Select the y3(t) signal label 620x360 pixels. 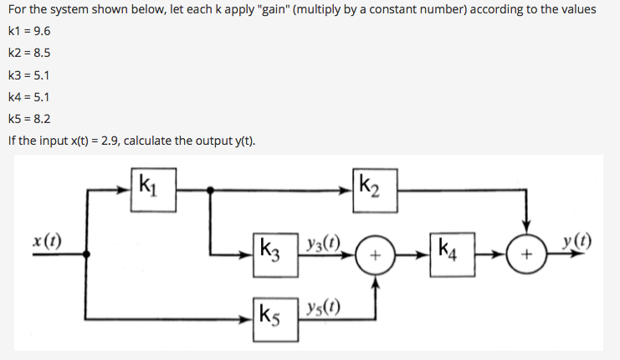coord(322,239)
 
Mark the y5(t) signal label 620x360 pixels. coord(322,306)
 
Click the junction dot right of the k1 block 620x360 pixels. coord(209,189)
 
